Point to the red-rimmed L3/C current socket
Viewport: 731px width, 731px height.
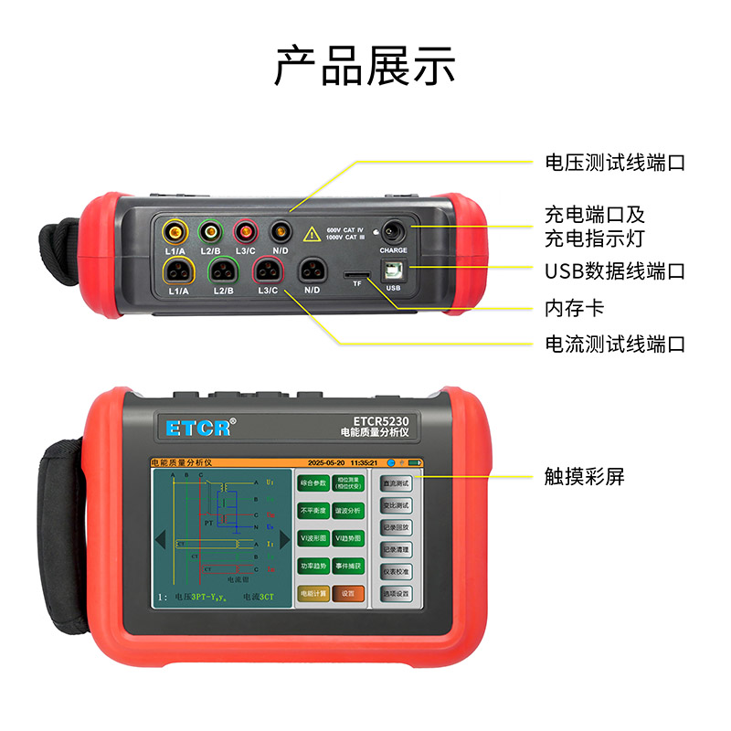[x=268, y=270]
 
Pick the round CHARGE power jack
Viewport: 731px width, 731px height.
[x=394, y=230]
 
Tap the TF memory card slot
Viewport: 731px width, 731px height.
[x=357, y=274]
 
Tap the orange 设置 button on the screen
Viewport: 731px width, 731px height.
[x=347, y=592]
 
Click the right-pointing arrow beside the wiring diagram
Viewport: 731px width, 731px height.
[x=284, y=539]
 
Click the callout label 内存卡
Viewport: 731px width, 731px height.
[x=574, y=308]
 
